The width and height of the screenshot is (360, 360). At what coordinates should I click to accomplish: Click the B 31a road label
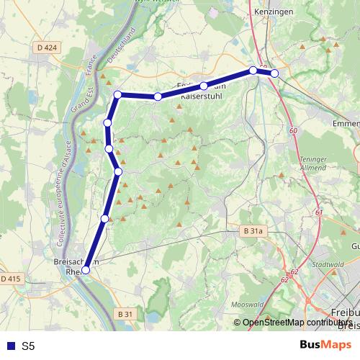pos(253,231)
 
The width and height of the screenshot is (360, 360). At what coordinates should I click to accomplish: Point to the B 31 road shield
pos(125,315)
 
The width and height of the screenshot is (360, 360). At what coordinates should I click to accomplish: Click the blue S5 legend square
pos(9,346)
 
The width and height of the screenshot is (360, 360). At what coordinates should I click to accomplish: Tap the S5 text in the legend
pos(28,346)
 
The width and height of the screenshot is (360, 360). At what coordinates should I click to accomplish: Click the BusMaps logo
pos(325,345)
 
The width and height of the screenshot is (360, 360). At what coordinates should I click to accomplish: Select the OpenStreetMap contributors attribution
pos(295,323)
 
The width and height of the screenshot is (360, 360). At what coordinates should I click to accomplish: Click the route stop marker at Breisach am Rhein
pos(86,270)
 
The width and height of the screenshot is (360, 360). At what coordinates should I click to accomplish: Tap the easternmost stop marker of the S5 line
pos(274,73)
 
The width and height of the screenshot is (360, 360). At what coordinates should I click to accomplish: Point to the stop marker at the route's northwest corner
pos(118,94)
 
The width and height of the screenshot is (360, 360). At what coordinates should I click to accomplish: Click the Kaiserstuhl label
pos(204,96)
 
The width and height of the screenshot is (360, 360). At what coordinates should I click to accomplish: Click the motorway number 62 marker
pos(294,272)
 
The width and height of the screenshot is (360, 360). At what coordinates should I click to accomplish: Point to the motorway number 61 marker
pos(318,213)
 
